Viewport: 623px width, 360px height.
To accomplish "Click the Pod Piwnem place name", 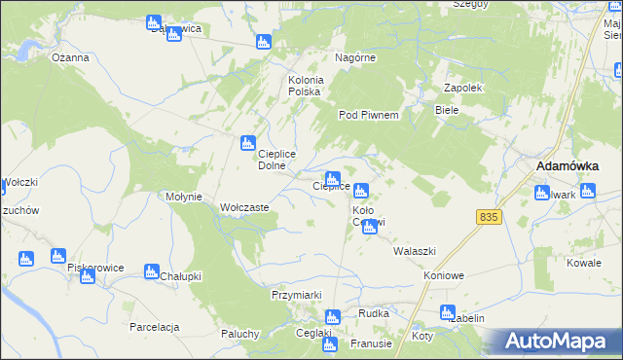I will (x=369, y=115).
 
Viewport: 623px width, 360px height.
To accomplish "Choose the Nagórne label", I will (x=355, y=57).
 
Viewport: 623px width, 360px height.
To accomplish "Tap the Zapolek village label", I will (x=463, y=87).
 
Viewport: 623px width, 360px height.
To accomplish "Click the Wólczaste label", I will (x=244, y=208).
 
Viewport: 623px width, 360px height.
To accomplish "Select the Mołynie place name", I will (x=184, y=197).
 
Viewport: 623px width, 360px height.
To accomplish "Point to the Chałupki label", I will (x=180, y=276).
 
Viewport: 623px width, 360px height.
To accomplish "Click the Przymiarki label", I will (x=296, y=294).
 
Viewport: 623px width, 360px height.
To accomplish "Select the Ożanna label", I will (x=71, y=57).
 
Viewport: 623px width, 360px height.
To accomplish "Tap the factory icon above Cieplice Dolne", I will (x=248, y=143).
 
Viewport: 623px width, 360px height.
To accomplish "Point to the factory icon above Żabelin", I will (x=447, y=313).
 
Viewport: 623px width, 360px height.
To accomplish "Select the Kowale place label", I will (x=584, y=264).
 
